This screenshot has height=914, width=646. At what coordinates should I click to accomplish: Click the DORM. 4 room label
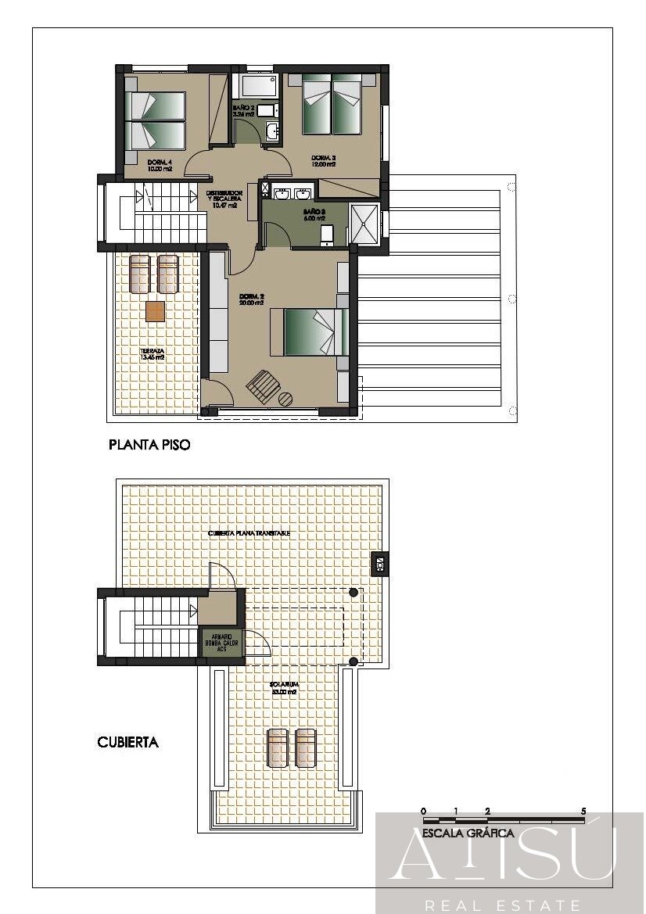159,164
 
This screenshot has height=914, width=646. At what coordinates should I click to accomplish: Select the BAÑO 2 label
243,110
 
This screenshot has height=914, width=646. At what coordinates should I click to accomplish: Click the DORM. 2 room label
249,299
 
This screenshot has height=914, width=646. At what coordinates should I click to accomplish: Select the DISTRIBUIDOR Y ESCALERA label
224,199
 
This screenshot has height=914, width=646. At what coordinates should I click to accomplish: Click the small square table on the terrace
155,312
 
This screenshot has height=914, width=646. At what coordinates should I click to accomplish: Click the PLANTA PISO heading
149,446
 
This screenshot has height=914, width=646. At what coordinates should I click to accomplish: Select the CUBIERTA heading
127,742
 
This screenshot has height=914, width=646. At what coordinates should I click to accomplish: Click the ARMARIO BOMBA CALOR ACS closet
221,642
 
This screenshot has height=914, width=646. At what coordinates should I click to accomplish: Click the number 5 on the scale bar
583,811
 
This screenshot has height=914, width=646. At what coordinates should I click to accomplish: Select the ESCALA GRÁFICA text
468,833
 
